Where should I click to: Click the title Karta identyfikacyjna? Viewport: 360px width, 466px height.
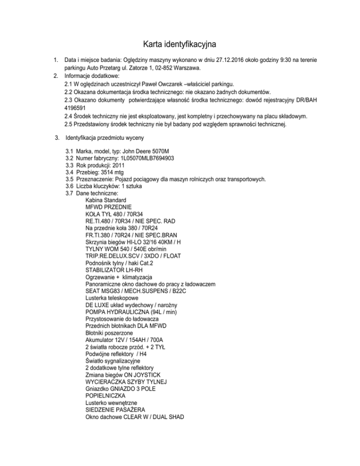180,45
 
